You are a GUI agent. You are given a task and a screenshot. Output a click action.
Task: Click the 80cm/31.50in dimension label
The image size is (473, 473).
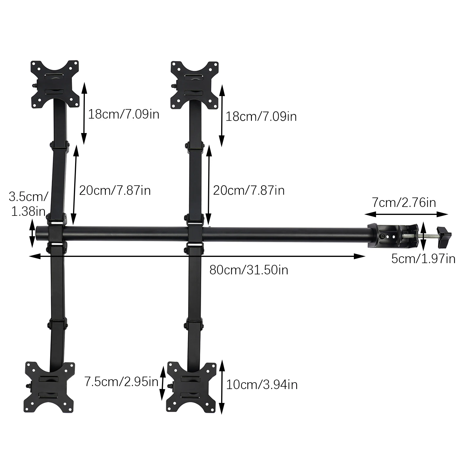tap(249, 270)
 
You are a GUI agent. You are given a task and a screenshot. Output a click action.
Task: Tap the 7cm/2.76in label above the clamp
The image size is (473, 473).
tap(404, 203)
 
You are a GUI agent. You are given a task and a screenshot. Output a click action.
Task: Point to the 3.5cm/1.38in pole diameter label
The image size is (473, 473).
tap(28, 204)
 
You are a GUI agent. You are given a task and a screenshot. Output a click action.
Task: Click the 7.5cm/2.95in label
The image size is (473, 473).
tap(121, 382)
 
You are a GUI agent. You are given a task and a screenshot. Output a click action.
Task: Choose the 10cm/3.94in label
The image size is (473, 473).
tap(262, 385)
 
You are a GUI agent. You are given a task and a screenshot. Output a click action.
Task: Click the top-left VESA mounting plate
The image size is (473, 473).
tap(55, 84)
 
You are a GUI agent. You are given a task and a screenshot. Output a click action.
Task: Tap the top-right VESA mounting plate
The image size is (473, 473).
tap(195, 85)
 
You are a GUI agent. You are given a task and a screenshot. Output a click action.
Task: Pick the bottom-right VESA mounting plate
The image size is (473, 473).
tap(191, 387)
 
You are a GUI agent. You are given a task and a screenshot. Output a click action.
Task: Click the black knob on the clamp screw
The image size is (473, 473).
tap(444, 237)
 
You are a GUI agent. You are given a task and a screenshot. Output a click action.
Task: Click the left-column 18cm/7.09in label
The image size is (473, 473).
tap(124, 114)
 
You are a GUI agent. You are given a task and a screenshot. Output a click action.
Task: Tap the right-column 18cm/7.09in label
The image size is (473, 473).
tap(261, 116)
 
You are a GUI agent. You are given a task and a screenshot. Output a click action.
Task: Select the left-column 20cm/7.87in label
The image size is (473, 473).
tap(115, 190)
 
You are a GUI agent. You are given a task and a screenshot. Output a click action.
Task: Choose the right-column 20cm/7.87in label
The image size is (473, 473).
tap(249, 190)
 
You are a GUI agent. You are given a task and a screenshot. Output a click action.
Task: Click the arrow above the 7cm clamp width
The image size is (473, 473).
tap(406, 214)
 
